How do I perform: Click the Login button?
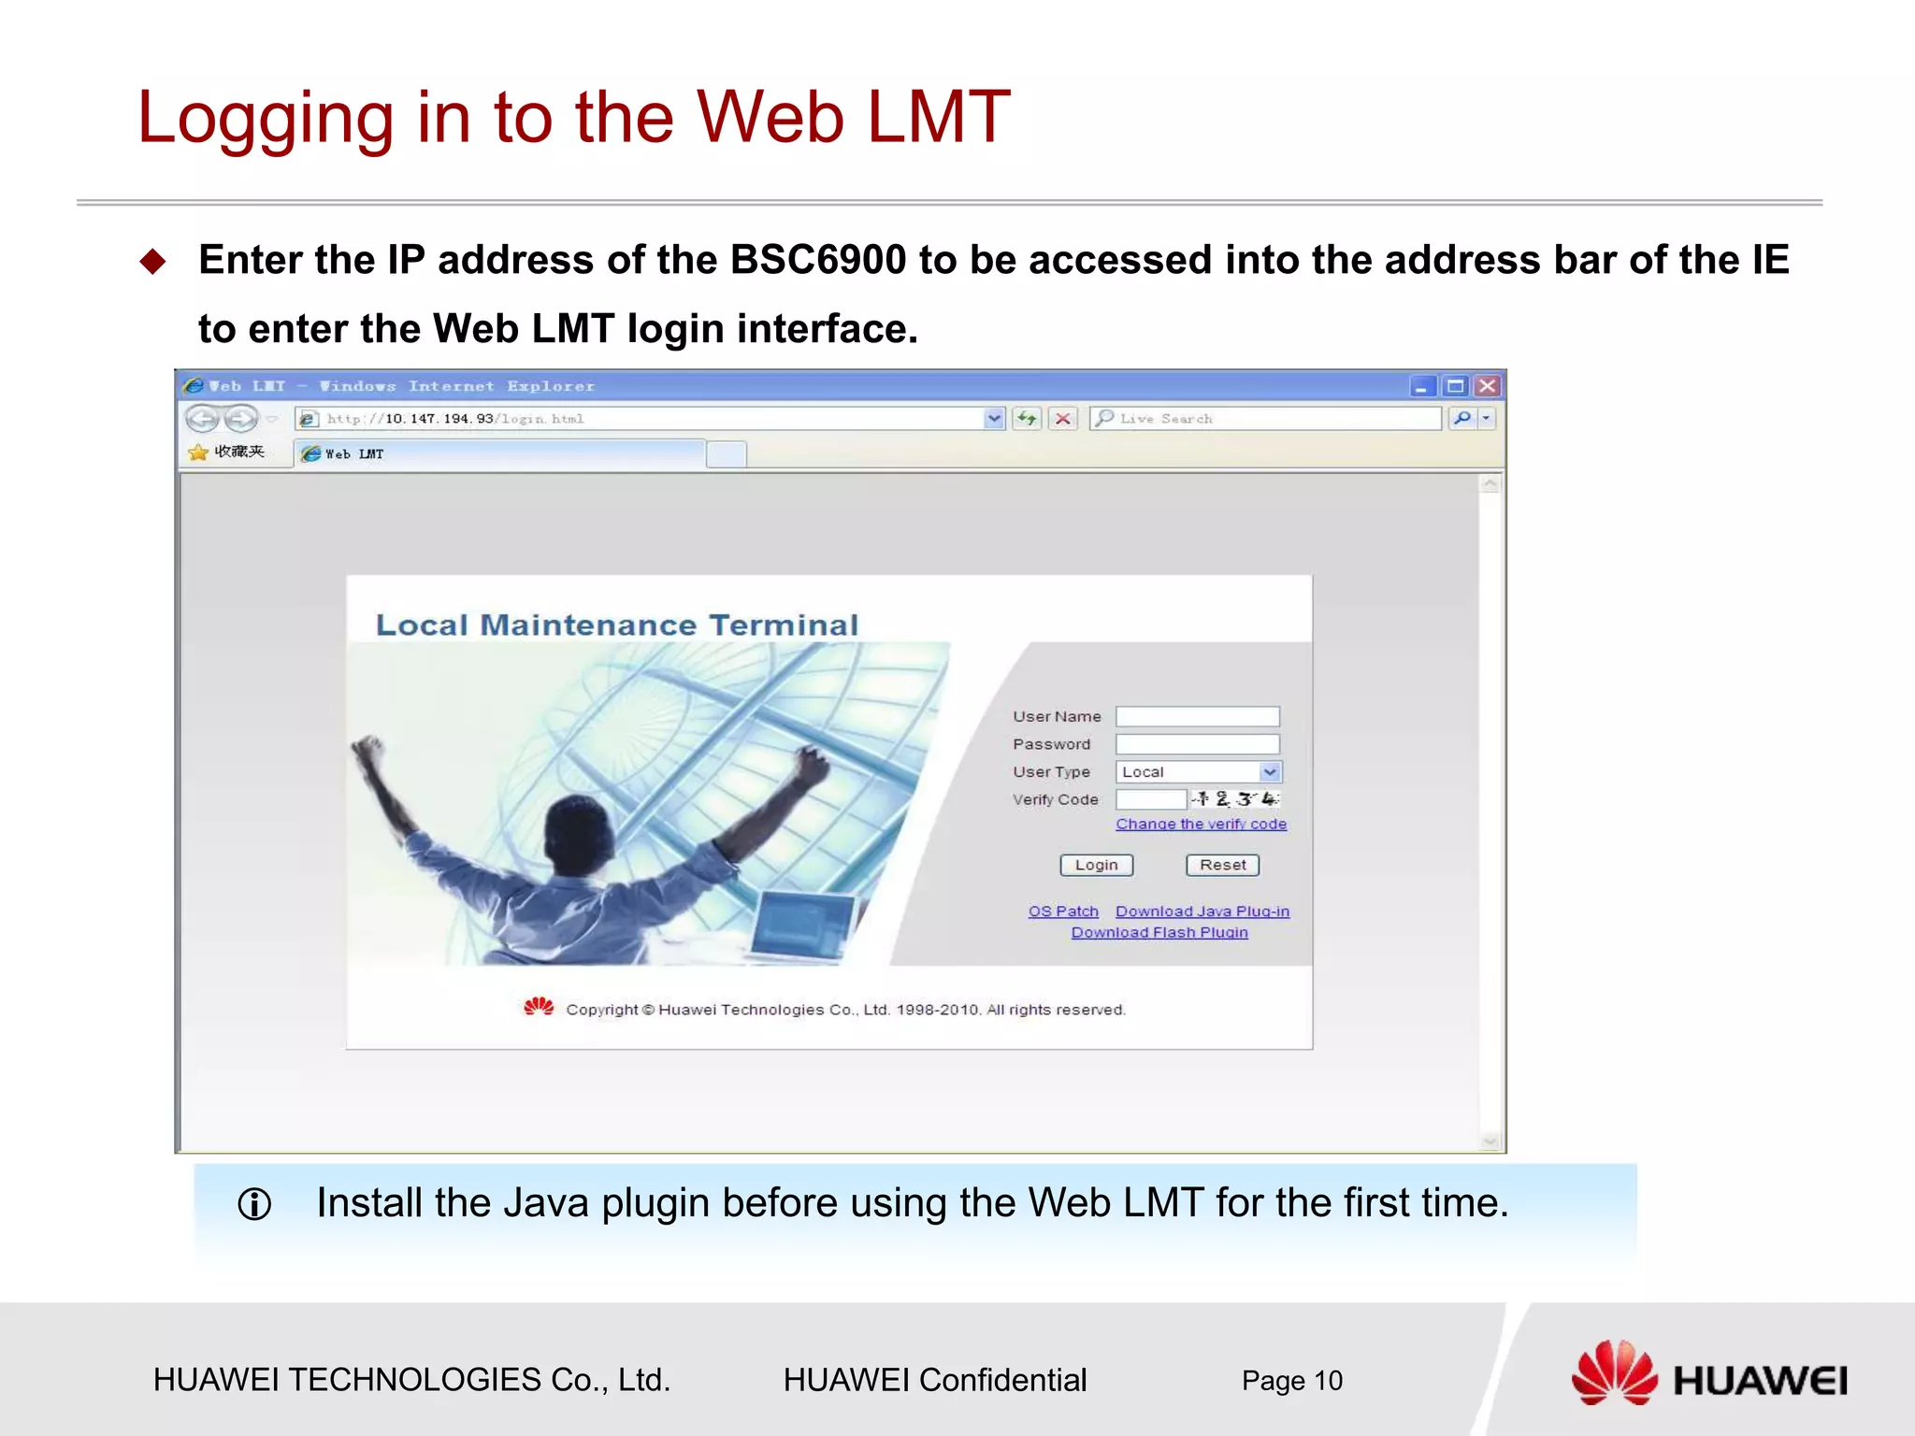point(1096,865)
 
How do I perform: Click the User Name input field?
point(1197,716)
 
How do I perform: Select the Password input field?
point(1197,744)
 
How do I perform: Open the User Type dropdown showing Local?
point(1198,772)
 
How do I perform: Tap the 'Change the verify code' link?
point(1201,824)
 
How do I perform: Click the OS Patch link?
point(1063,911)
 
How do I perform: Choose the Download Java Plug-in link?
point(1202,911)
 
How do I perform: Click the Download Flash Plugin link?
point(1159,932)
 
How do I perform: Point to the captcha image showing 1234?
point(1234,798)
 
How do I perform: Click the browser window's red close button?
point(1487,386)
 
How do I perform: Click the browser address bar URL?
point(636,419)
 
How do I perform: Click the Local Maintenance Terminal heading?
point(617,625)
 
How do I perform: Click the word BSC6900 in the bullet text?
point(818,260)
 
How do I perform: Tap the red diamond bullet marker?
point(152,262)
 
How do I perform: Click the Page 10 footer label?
point(1291,1380)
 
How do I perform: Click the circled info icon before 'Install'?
point(254,1204)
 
